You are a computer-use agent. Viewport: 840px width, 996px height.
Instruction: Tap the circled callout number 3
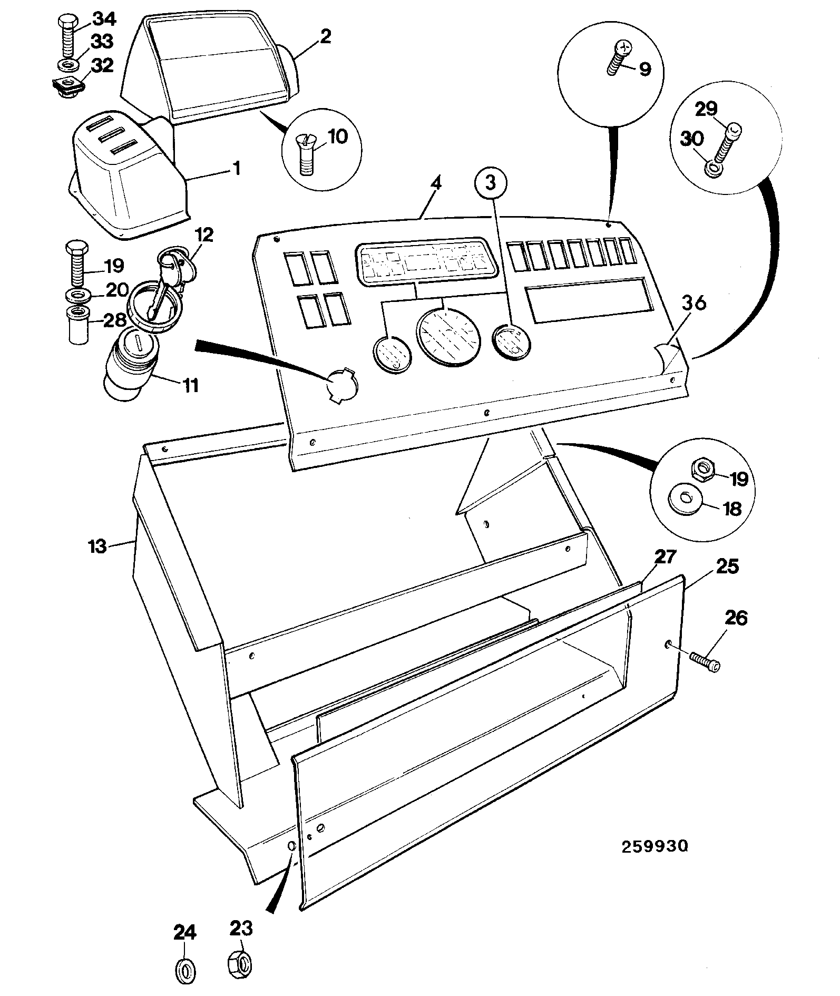(491, 183)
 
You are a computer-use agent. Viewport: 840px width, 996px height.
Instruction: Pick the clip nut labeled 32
(67, 86)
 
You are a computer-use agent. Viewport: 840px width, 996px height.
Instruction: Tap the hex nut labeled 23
(240, 964)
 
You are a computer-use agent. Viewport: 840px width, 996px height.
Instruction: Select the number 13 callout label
(97, 545)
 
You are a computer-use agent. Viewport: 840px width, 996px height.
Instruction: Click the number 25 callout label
(727, 567)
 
